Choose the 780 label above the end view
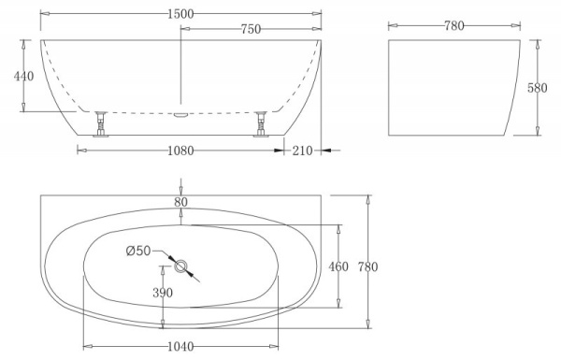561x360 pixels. point(453,26)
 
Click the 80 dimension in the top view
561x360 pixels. point(180,200)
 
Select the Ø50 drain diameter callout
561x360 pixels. point(138,250)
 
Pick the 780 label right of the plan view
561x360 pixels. point(368,267)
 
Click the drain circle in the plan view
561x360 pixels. point(180,266)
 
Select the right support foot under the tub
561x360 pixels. point(262,123)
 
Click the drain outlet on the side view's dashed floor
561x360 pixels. point(180,114)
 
